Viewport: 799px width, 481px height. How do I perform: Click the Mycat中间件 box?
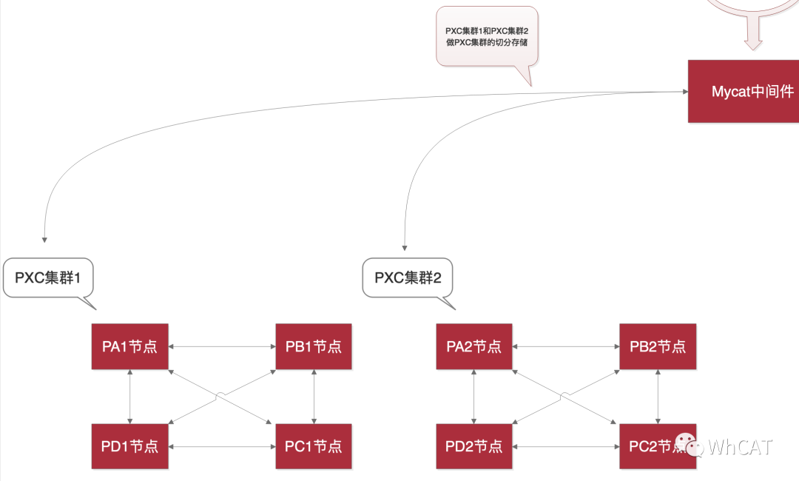744,92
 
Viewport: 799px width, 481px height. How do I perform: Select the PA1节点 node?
129,346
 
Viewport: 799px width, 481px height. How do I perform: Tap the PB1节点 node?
314,346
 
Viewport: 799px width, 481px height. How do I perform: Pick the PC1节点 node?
314,446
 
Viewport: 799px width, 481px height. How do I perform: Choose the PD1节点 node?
129,446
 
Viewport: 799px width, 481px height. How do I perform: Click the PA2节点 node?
474,346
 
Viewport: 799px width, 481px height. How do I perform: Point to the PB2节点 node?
658,346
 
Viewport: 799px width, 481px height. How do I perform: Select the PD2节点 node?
474,446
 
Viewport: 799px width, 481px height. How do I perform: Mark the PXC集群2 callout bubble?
408,278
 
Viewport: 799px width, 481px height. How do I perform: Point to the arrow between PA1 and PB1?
222,346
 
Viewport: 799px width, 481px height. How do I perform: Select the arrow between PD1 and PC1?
222,447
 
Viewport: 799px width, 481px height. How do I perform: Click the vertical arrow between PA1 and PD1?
130,396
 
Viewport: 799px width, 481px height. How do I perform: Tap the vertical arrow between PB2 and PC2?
658,396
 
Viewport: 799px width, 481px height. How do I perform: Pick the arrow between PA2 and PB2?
566,346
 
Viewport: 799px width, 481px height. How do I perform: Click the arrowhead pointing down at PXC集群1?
44,239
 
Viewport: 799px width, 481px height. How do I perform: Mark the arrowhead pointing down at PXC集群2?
404,247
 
